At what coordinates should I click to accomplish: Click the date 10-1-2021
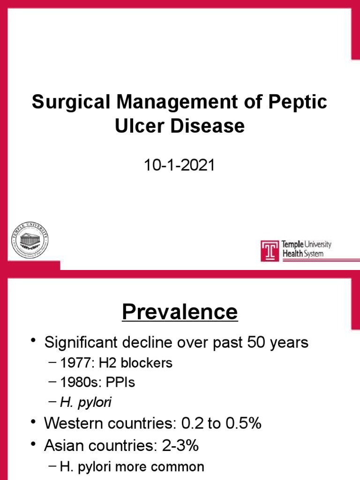[180, 165]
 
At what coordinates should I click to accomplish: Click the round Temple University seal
[29, 240]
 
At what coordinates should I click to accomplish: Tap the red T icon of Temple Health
[270, 251]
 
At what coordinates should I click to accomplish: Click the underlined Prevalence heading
[180, 312]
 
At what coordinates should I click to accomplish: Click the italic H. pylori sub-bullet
[86, 402]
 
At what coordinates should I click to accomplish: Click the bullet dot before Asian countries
[34, 444]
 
